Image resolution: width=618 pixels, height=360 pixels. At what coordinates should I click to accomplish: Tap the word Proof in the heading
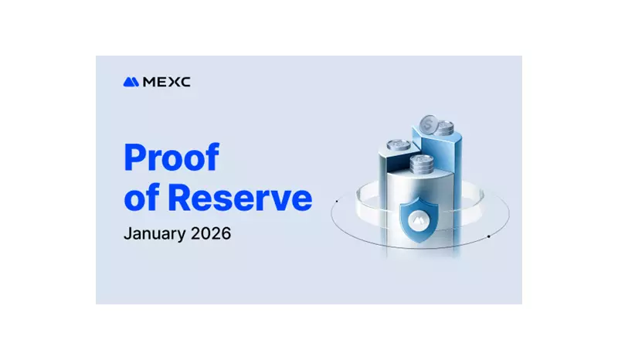[x=171, y=159]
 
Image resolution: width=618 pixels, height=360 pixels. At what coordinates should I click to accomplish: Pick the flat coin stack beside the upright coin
[x=443, y=127]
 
